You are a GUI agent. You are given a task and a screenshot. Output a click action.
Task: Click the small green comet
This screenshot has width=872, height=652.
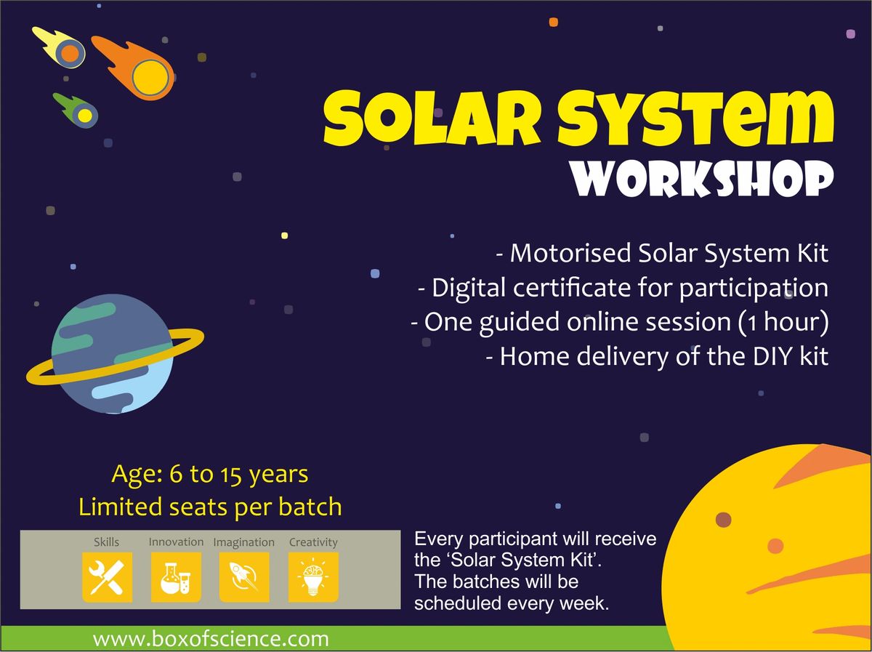pyautogui.click(x=78, y=110)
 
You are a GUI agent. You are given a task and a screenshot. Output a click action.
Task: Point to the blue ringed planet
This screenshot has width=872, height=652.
pyautogui.click(x=113, y=354)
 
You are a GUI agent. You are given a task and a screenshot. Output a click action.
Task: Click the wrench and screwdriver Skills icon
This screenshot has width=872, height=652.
pyautogui.click(x=107, y=576)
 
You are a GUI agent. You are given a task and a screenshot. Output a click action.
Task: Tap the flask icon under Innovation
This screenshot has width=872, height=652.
pyautogui.click(x=176, y=576)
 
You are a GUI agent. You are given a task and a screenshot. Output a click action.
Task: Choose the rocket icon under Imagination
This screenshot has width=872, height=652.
pyautogui.click(x=244, y=576)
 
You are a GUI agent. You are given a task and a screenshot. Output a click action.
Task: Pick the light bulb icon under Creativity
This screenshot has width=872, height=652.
pyautogui.click(x=313, y=576)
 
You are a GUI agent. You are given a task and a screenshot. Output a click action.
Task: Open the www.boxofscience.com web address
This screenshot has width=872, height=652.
pyautogui.click(x=211, y=639)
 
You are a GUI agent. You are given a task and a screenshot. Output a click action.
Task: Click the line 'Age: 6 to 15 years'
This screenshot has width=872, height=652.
pyautogui.click(x=210, y=475)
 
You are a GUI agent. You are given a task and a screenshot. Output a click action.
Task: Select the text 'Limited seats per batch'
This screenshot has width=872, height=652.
pyautogui.click(x=210, y=507)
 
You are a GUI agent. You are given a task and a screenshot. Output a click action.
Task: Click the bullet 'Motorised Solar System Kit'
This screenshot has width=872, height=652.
pyautogui.click(x=662, y=254)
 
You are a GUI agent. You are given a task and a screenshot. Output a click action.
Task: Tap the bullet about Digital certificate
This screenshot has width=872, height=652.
pyautogui.click(x=623, y=288)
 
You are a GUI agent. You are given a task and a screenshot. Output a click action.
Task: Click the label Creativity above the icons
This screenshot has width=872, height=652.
pyautogui.click(x=313, y=542)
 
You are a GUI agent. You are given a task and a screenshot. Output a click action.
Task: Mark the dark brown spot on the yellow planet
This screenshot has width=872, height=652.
pyautogui.click(x=723, y=518)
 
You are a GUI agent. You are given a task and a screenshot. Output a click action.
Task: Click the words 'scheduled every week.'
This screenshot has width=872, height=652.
pyautogui.click(x=511, y=603)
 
